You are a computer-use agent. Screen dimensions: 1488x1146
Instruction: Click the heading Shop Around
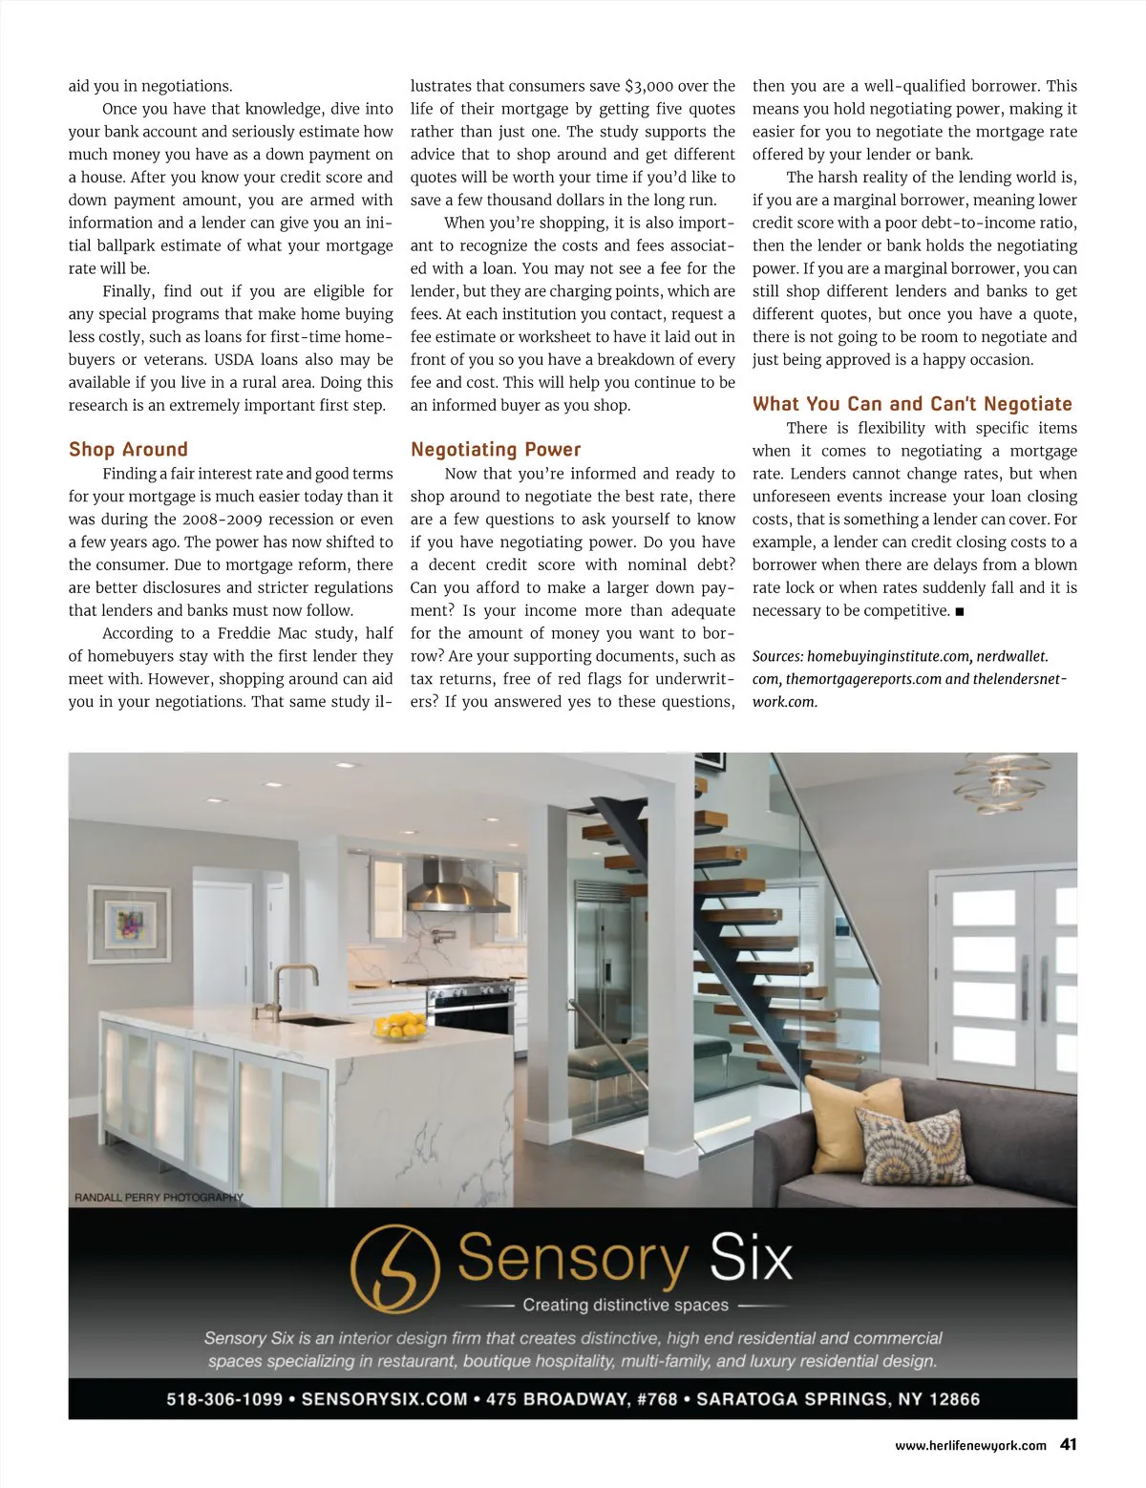pyautogui.click(x=128, y=449)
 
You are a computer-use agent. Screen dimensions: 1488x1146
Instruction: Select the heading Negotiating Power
pyautogui.click(x=496, y=449)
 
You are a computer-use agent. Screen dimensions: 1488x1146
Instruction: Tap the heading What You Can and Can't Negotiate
pyautogui.click(x=912, y=404)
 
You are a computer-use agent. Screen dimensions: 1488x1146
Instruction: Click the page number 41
pyautogui.click(x=1068, y=1445)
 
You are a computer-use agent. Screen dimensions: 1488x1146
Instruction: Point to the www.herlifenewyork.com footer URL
pyautogui.click(x=970, y=1446)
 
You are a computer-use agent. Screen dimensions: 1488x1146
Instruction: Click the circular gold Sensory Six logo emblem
pyautogui.click(x=395, y=1268)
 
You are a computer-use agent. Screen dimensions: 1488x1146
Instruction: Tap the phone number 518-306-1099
pyautogui.click(x=224, y=1399)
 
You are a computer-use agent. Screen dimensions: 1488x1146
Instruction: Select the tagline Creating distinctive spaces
pyautogui.click(x=626, y=1305)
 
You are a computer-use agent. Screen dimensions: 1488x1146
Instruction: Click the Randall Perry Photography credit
pyautogui.click(x=159, y=1197)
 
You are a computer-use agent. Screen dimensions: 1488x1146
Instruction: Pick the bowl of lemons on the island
pyautogui.click(x=400, y=1027)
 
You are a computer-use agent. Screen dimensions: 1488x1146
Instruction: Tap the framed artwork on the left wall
pyautogui.click(x=129, y=925)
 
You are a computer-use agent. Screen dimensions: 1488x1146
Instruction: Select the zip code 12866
pyautogui.click(x=954, y=1399)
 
